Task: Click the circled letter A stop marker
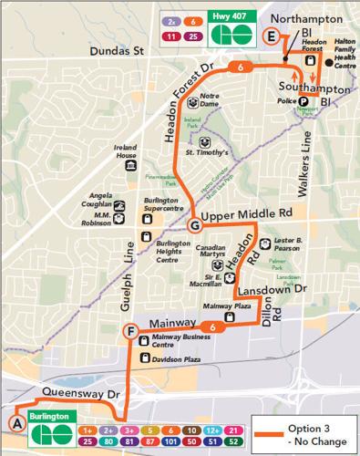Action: click(x=15, y=423)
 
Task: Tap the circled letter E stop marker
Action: click(x=270, y=36)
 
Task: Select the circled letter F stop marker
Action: click(x=132, y=330)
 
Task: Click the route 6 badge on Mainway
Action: click(x=211, y=327)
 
